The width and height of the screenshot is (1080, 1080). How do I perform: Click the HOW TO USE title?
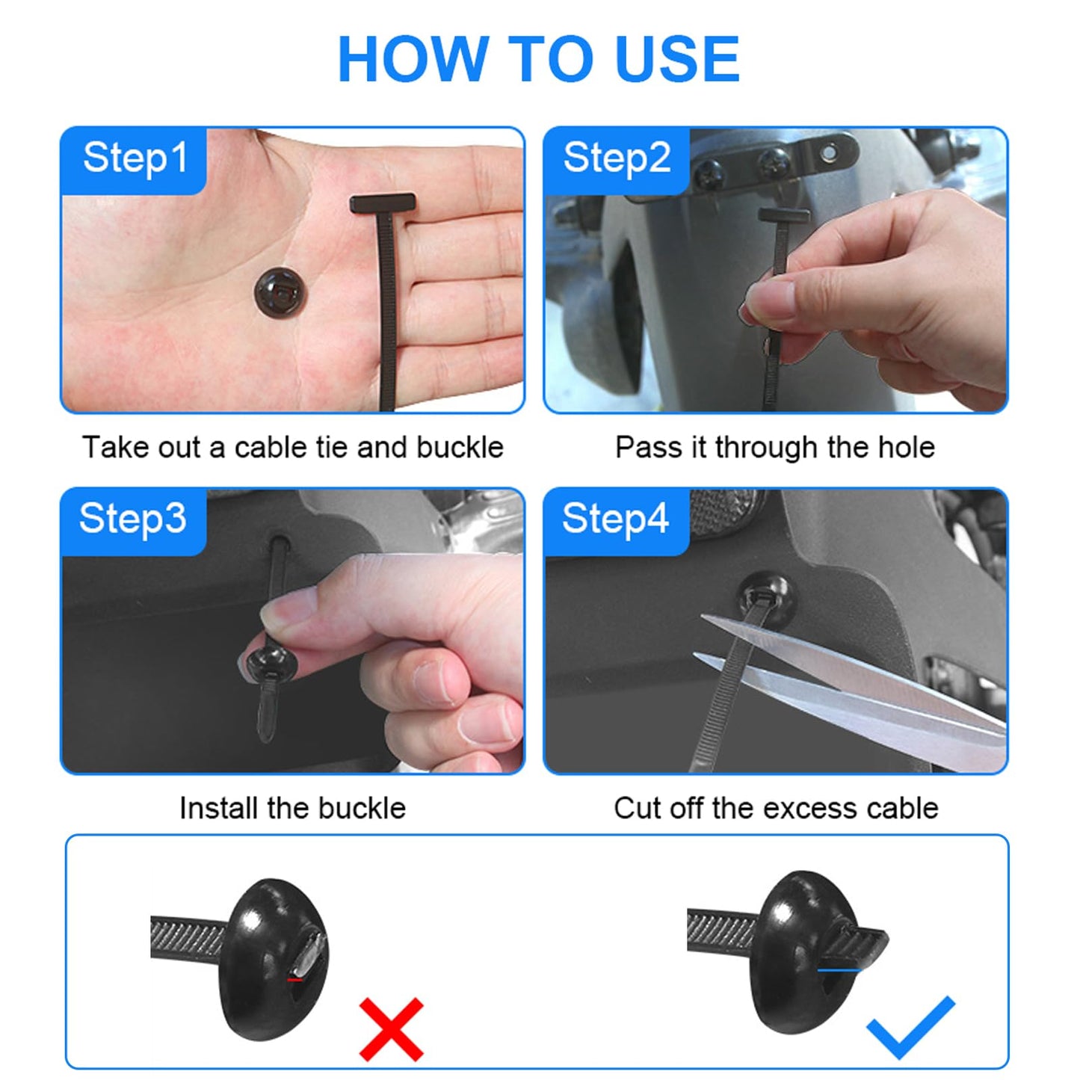tap(538, 60)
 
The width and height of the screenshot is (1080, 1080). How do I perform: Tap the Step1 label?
tap(135, 158)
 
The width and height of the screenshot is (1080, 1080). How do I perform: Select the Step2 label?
tap(617, 158)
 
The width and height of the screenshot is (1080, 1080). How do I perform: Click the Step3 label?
tap(132, 519)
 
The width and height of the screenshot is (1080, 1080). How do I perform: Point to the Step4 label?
tap(615, 519)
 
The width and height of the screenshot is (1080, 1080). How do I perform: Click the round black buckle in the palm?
tap(280, 292)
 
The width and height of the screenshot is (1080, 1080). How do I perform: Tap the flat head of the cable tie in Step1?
tap(382, 203)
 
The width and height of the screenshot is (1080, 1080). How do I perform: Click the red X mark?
tap(392, 1029)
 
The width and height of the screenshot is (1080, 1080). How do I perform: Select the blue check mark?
tap(910, 1028)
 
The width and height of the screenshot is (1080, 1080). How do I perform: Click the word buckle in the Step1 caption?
tap(460, 448)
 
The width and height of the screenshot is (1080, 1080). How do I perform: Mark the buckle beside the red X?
tap(273, 959)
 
